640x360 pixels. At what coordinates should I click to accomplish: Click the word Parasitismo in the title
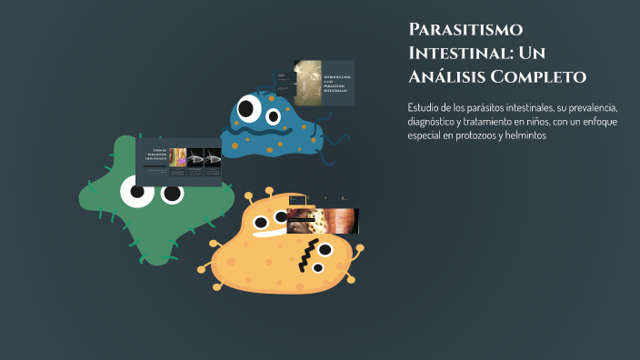pyautogui.click(x=465, y=29)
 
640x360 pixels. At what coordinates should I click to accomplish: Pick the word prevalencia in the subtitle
pyautogui.click(x=590, y=107)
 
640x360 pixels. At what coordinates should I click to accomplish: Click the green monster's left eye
pyautogui.click(x=136, y=190)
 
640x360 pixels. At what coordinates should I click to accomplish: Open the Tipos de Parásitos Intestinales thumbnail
pyautogui.click(x=178, y=162)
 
